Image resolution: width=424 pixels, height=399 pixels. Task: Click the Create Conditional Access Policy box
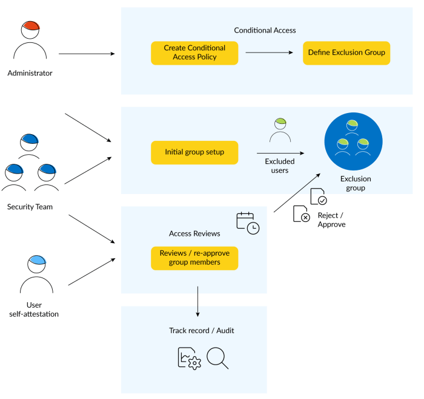point(194,53)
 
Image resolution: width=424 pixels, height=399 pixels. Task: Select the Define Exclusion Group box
point(346,53)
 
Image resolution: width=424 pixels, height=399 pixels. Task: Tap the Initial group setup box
point(194,152)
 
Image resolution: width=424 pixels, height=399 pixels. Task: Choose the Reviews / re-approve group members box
point(194,258)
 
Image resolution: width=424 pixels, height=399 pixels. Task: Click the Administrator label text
point(30,73)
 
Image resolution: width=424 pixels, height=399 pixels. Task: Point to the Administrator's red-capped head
point(30,30)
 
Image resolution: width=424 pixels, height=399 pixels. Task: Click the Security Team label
point(30,207)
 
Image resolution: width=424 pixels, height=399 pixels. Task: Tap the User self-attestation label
point(34,310)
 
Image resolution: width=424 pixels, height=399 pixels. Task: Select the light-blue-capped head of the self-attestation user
point(37,264)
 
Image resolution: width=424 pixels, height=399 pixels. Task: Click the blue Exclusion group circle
point(353,141)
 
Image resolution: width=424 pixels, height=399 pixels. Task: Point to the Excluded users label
point(280,166)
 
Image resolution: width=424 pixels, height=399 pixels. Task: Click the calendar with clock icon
point(248,223)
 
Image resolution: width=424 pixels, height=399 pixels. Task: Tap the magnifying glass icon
point(217,357)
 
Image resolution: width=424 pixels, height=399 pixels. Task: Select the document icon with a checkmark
point(318,196)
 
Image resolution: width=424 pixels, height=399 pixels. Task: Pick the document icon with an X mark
point(301,214)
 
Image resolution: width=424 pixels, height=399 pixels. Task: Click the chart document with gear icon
point(189,358)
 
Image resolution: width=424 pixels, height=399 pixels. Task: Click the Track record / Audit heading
point(202,331)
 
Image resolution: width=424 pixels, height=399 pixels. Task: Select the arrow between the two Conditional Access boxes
point(269,53)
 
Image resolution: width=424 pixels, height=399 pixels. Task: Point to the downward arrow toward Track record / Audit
point(197,301)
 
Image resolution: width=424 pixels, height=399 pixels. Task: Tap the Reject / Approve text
point(331,219)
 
